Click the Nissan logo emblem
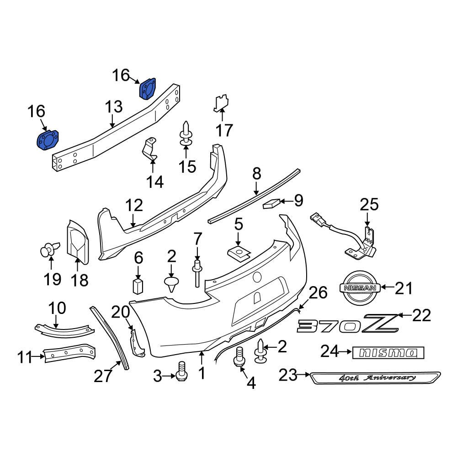(359, 287)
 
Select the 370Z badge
(347, 324)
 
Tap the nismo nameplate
(388, 352)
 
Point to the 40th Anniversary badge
(375, 378)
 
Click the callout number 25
(369, 204)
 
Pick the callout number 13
(114, 107)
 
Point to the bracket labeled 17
(221, 104)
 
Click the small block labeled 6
(138, 286)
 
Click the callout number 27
(103, 376)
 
